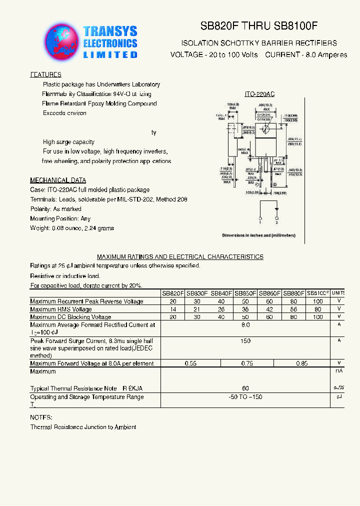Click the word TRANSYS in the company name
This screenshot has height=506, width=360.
[110, 31]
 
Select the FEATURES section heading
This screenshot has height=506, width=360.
[46, 74]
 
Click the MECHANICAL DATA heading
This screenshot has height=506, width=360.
[58, 180]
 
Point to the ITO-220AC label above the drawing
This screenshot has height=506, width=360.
[259, 94]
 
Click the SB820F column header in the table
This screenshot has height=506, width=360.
[173, 293]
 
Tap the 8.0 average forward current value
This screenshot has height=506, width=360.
[245, 325]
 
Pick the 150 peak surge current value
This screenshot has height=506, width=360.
[245, 340]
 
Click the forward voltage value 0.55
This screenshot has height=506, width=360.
[190, 363]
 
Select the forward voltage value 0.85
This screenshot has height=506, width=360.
[301, 363]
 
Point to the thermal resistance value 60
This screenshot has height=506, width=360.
[245, 388]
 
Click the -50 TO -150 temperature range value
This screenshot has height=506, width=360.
[245, 397]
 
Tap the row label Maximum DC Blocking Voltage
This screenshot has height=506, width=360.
[70, 317]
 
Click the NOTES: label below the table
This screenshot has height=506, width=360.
[41, 417]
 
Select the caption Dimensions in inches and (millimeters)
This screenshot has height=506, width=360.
[258, 235]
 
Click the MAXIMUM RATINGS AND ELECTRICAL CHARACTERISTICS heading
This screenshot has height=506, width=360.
[180, 256]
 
